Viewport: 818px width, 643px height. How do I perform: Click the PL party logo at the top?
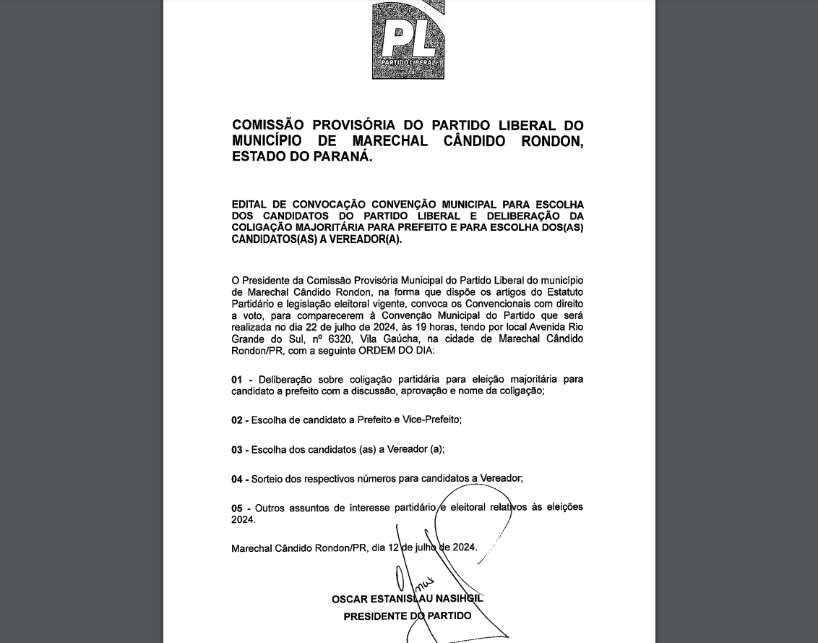(x=408, y=40)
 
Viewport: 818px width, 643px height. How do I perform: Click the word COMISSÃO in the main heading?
(x=267, y=126)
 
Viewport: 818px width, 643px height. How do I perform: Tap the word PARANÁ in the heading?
(x=342, y=156)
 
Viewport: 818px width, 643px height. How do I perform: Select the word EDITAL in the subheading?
(x=248, y=205)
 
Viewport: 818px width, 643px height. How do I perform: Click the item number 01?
(x=237, y=380)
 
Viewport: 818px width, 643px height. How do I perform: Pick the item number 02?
(x=237, y=420)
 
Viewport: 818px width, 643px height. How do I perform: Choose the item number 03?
(x=237, y=450)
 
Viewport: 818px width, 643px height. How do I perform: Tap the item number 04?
(x=237, y=479)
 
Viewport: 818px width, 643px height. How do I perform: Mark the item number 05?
(x=237, y=508)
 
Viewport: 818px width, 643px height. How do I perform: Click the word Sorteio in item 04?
(x=268, y=478)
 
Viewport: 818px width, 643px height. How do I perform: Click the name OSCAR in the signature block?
(x=350, y=599)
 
